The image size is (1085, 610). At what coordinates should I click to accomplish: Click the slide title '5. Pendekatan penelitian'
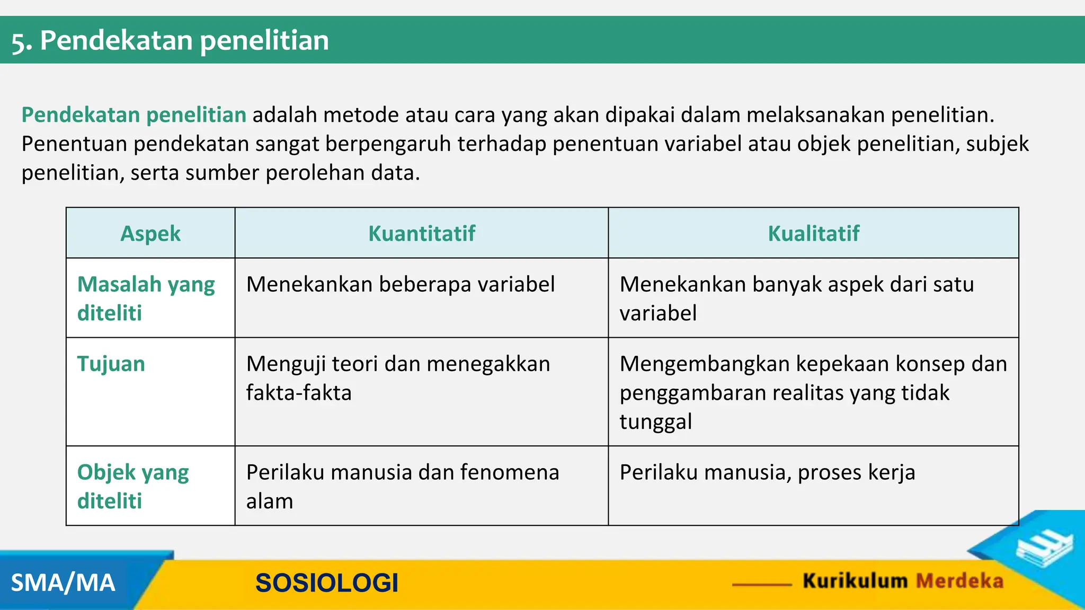(170, 41)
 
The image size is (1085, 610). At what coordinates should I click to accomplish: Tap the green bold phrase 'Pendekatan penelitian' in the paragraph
(134, 115)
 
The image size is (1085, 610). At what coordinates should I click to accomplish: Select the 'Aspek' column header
(150, 234)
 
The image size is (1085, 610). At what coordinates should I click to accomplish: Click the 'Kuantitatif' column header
(422, 234)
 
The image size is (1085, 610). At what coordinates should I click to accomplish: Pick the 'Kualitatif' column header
(813, 234)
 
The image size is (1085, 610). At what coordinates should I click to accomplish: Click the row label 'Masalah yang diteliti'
(146, 299)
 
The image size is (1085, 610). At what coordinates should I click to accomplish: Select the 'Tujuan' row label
(111, 364)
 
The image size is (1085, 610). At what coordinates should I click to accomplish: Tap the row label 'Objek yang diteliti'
(133, 486)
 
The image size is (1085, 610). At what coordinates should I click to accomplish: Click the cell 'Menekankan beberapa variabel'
(401, 285)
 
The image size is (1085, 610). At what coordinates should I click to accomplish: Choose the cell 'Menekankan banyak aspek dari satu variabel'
(796, 299)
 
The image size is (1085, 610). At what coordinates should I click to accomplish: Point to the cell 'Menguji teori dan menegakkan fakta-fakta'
(398, 378)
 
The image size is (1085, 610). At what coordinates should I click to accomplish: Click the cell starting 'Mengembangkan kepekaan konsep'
(813, 392)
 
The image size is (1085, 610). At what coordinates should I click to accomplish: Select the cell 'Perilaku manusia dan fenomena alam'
(402, 486)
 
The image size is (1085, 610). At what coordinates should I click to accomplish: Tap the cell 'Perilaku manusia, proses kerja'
(767, 472)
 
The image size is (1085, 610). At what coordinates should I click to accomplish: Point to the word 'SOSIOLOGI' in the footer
(326, 583)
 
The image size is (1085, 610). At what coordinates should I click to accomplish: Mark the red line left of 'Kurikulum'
(762, 585)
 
